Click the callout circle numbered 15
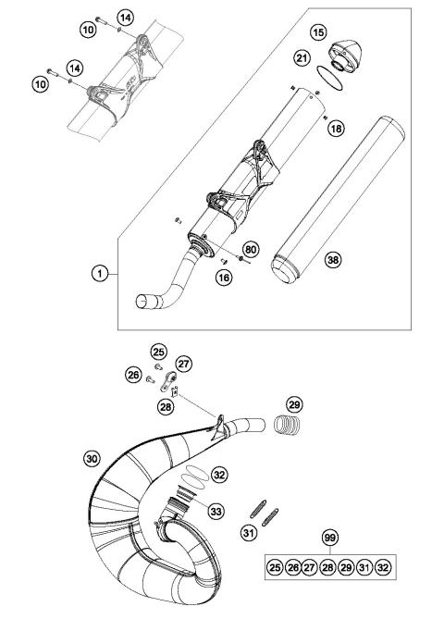tap(318, 33)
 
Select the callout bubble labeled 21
tap(301, 59)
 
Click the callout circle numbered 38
tap(332, 261)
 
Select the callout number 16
tap(223, 276)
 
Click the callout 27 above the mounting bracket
tap(183, 364)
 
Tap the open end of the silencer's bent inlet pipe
tap(144, 300)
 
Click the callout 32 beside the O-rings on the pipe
tap(218, 475)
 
